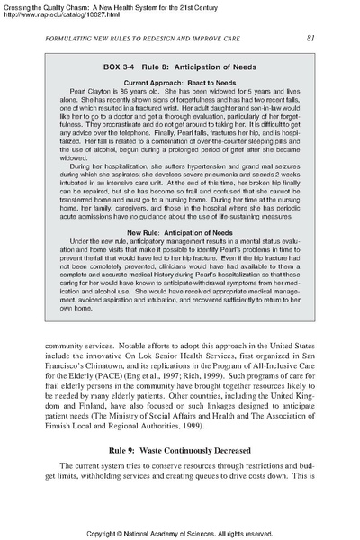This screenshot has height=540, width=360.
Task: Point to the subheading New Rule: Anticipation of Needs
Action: click(x=180, y=234)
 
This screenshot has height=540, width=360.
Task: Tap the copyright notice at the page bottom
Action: click(x=180, y=532)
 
